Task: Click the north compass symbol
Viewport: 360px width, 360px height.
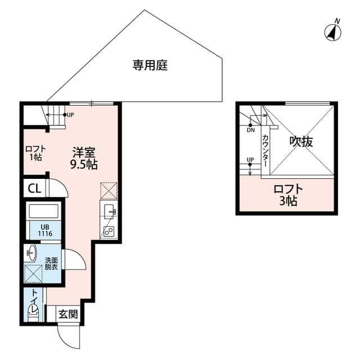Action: coord(332,33)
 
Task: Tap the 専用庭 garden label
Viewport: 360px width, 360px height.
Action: coord(150,65)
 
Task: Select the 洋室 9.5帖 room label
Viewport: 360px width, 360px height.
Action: coord(84,158)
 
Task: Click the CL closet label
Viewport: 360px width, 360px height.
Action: coord(34,189)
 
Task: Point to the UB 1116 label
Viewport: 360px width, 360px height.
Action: coord(45,230)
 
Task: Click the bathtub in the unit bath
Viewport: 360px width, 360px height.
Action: coord(44,211)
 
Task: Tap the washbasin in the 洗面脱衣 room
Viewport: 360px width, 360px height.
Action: coord(31,253)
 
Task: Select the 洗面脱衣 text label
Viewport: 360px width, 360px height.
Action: coord(51,264)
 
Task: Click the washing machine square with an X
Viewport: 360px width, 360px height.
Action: coord(34,273)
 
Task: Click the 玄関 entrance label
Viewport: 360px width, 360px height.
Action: coord(68,314)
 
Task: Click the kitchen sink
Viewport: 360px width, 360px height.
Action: coord(109,211)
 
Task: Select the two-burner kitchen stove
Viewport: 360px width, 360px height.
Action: coord(109,231)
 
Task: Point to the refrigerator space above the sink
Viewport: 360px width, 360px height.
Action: coord(109,191)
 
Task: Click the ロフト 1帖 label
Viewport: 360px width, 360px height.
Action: coord(35,153)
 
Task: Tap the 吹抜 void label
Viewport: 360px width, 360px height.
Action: coord(301,141)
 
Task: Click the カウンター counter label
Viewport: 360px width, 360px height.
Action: coord(265,151)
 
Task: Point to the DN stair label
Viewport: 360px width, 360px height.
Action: coord(251,130)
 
